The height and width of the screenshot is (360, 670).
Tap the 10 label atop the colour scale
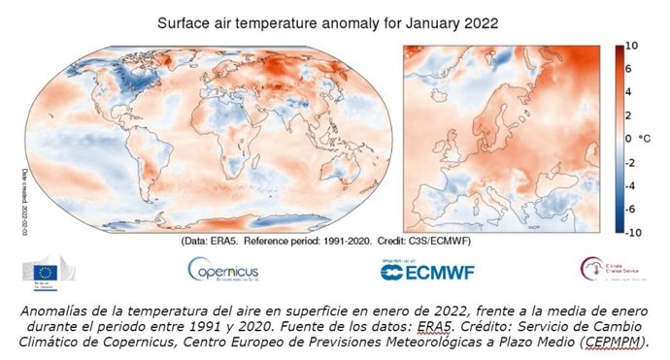point(630,46)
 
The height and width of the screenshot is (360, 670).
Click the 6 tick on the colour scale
point(630,69)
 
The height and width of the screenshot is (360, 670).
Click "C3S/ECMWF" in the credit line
point(475,241)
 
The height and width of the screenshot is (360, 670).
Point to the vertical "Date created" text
point(22,199)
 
